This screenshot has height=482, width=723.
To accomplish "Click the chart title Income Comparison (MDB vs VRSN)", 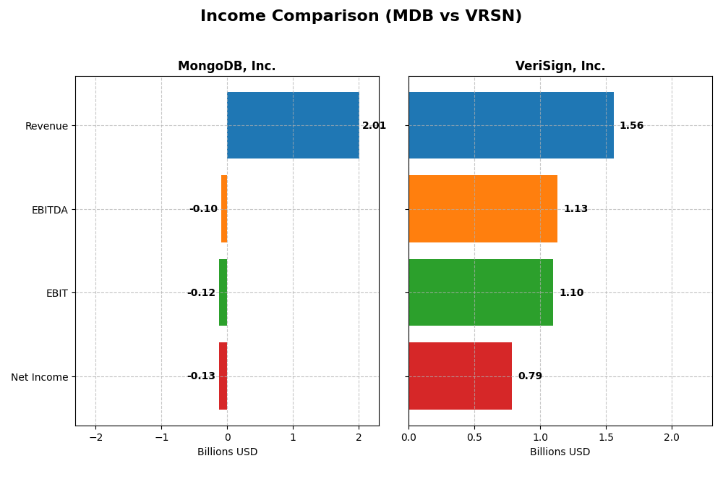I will coord(361,16).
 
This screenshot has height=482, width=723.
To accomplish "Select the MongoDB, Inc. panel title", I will coord(226,67).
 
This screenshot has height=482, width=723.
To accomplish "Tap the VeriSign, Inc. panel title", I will coord(560,67).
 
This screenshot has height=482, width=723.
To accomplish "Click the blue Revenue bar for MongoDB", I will coord(293,125).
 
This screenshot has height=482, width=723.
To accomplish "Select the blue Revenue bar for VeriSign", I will coord(510,125).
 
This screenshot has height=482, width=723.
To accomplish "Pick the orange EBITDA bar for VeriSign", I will coord(482,209).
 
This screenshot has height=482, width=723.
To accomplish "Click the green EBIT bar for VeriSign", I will coord(480,292).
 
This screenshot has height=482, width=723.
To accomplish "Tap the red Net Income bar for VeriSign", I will coord(460,376).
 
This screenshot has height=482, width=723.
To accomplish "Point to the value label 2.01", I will coord(374,126).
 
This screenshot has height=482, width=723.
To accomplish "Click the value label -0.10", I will coord(203,209).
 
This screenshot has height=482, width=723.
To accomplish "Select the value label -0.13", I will coord(201,376).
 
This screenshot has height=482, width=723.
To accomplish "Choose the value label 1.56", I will coord(631,126).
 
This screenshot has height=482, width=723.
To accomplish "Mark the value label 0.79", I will coord(530,376).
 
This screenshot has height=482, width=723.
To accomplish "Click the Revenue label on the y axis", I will coord(46,127).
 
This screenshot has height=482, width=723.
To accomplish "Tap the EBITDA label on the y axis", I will coord(49,210).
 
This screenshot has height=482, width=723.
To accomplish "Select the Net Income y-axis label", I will coord(39,377).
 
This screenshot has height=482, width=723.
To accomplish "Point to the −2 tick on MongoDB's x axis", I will coord(95,437).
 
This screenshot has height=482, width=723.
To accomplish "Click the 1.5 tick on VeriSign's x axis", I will coord(606,437).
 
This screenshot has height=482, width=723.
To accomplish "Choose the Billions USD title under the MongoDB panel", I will coord(227,452).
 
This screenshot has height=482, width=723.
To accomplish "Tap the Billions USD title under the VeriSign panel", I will coord(560,452).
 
